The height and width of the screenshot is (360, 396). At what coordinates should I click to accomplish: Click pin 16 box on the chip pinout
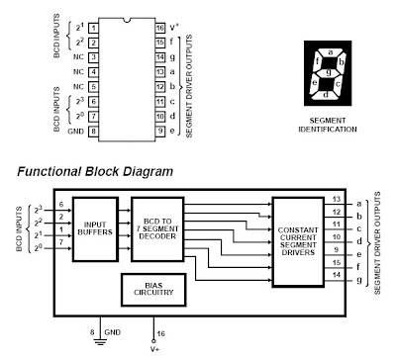point(160,28)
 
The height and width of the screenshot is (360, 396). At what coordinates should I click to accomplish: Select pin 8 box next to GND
point(93,132)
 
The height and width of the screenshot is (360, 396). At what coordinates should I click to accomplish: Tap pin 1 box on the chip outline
point(93,28)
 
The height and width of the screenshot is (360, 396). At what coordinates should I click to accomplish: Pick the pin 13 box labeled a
point(160,72)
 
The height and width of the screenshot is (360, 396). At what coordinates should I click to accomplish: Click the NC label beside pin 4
point(78,72)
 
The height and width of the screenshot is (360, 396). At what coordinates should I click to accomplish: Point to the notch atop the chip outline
point(127,20)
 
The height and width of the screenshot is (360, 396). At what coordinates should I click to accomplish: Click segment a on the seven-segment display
point(331,52)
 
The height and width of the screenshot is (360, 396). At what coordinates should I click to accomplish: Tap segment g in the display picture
point(329,71)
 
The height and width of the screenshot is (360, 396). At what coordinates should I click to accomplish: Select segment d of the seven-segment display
point(326,95)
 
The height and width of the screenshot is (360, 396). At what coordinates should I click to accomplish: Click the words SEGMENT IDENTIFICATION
point(328,125)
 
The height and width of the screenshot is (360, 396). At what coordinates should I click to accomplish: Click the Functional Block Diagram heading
point(95,171)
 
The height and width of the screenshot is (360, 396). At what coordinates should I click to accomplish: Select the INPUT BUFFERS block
point(95,229)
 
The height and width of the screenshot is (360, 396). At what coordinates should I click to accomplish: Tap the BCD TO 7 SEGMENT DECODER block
point(157,229)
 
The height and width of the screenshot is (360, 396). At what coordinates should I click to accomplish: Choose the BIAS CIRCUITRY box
point(153,290)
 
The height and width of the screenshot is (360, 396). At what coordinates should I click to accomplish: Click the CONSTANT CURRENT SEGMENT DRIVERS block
point(298,242)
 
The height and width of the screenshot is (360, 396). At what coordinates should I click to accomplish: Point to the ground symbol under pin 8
point(100,342)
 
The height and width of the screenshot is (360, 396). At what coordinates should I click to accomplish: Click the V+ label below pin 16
point(155,349)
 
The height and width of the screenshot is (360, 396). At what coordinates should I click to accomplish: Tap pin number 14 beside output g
point(337,275)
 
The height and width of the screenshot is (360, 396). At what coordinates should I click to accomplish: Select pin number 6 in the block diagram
point(61,205)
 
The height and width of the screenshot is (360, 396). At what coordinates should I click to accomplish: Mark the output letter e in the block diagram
point(359,255)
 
